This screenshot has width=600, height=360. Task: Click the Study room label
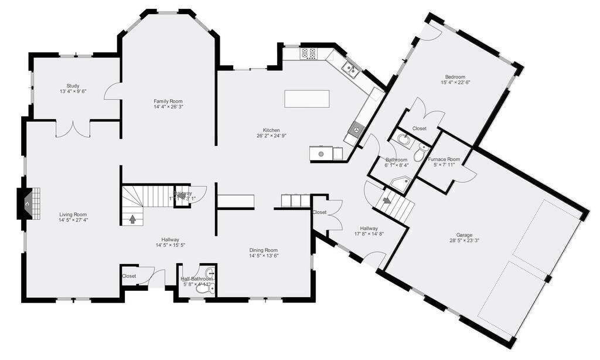pyautogui.click(x=73, y=86)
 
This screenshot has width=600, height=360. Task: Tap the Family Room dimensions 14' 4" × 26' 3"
pyautogui.click(x=168, y=107)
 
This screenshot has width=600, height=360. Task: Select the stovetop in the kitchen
pyautogui.click(x=308, y=54)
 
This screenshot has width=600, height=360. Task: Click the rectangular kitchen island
pyautogui.click(x=306, y=98)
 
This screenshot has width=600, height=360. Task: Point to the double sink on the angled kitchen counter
pyautogui.click(x=350, y=70)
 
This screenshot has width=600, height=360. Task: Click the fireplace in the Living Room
pyautogui.click(x=29, y=203)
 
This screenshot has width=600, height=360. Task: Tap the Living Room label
pyautogui.click(x=73, y=214)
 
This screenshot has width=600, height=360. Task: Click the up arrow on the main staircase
pyautogui.click(x=132, y=219)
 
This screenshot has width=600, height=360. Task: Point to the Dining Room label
pyautogui.click(x=264, y=250)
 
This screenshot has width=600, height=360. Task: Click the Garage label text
pyautogui.click(x=465, y=235)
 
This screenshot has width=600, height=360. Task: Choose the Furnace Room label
pyautogui.click(x=444, y=159)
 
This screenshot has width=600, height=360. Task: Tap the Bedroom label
pyautogui.click(x=455, y=77)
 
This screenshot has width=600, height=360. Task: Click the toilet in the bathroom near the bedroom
pyautogui.click(x=420, y=154)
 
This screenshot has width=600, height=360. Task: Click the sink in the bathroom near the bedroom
pyautogui.click(x=404, y=140)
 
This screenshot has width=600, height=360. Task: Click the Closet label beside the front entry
pyautogui.click(x=129, y=276)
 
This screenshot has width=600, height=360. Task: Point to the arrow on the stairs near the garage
pyautogui.click(x=387, y=201)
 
